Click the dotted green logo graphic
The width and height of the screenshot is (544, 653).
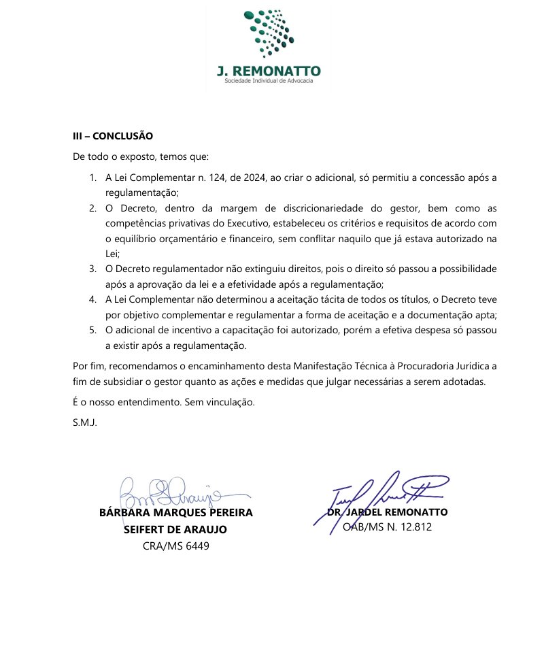tap(269, 33)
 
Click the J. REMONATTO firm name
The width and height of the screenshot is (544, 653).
tap(269, 71)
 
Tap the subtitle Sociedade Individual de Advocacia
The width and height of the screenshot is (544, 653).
tap(269, 82)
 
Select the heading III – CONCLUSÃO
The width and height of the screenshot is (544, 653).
tap(113, 135)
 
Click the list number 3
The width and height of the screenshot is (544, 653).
tap(92, 269)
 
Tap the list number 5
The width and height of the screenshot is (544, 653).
tap(92, 330)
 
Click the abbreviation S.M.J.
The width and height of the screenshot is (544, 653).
tap(85, 422)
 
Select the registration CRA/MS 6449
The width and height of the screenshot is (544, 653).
tap(176, 546)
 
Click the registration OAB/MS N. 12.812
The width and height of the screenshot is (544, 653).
tap(388, 526)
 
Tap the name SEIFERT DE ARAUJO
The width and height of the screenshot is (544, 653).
tap(175, 529)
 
